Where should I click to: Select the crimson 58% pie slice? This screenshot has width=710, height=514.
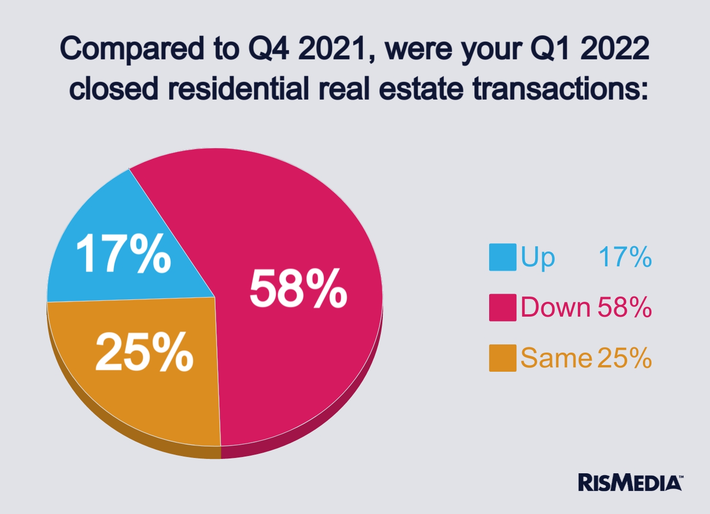pyautogui.click(x=287, y=216)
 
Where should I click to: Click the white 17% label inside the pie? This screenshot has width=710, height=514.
pyautogui.click(x=124, y=254)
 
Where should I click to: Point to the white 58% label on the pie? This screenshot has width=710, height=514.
pyautogui.click(x=298, y=288)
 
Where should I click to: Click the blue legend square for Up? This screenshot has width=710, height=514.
pyautogui.click(x=503, y=257)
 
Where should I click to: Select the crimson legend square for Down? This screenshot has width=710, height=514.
pyautogui.click(x=503, y=308)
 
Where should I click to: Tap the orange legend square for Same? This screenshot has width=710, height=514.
pyautogui.click(x=503, y=358)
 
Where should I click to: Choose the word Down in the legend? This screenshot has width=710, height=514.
pyautogui.click(x=555, y=308)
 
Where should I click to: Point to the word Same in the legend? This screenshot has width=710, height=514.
pyautogui.click(x=556, y=358)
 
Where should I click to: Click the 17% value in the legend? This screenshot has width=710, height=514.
pyautogui.click(x=625, y=257)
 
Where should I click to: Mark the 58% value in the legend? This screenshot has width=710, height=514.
pyautogui.click(x=624, y=308)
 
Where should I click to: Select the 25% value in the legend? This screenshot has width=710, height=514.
pyautogui.click(x=624, y=358)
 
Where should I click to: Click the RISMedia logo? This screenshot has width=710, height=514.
pyautogui.click(x=630, y=482)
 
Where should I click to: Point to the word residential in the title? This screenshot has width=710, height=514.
pyautogui.click(x=238, y=89)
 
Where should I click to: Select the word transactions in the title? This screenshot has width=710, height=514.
pyautogui.click(x=560, y=89)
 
